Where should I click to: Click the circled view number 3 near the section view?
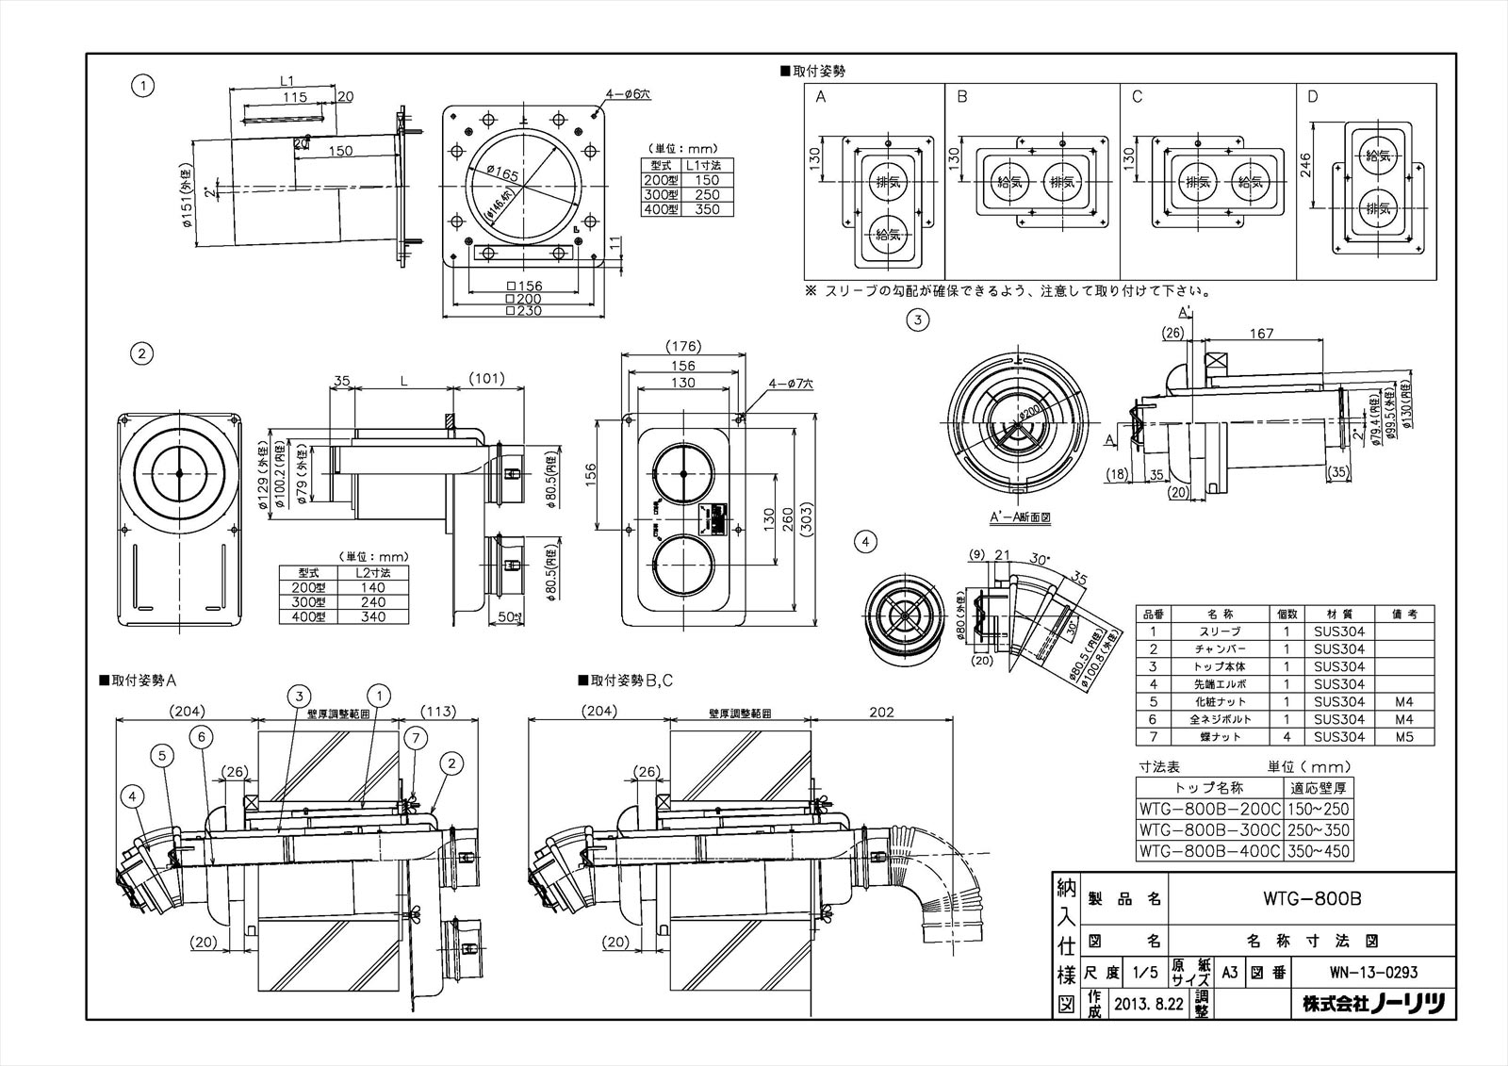[918, 320]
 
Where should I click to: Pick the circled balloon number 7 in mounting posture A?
[414, 734]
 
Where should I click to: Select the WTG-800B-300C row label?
[1209, 830]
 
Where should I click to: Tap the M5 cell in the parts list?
[1402, 736]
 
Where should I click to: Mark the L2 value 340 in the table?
[372, 616]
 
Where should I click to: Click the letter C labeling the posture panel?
[1138, 97]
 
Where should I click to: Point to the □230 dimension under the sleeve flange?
[525, 310]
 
